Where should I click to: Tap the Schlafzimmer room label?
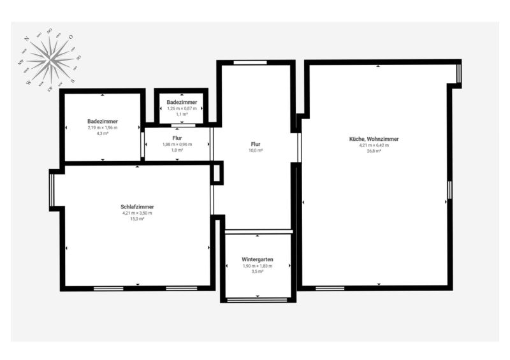point(137,206)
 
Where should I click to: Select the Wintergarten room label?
point(257,259)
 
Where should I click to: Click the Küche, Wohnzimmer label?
point(374,139)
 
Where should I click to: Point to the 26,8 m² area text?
point(374,151)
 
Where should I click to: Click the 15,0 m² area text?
point(137,219)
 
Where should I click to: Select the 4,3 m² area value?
point(103,133)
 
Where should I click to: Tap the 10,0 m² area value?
point(256,151)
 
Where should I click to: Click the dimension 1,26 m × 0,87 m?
point(182,108)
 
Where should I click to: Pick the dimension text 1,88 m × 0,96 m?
point(178,144)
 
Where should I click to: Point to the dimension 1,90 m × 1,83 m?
point(257,266)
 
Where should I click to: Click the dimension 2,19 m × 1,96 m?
point(103,127)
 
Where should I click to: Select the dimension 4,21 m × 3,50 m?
point(137,213)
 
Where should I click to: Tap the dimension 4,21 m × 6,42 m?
point(374,145)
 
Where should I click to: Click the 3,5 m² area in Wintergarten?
point(257,271)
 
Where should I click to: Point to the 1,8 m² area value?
point(178,150)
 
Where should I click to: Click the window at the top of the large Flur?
point(249,62)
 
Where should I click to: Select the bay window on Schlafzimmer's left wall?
point(52,191)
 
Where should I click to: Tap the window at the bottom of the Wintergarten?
point(257,299)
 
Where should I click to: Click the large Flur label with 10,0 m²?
point(256,145)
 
